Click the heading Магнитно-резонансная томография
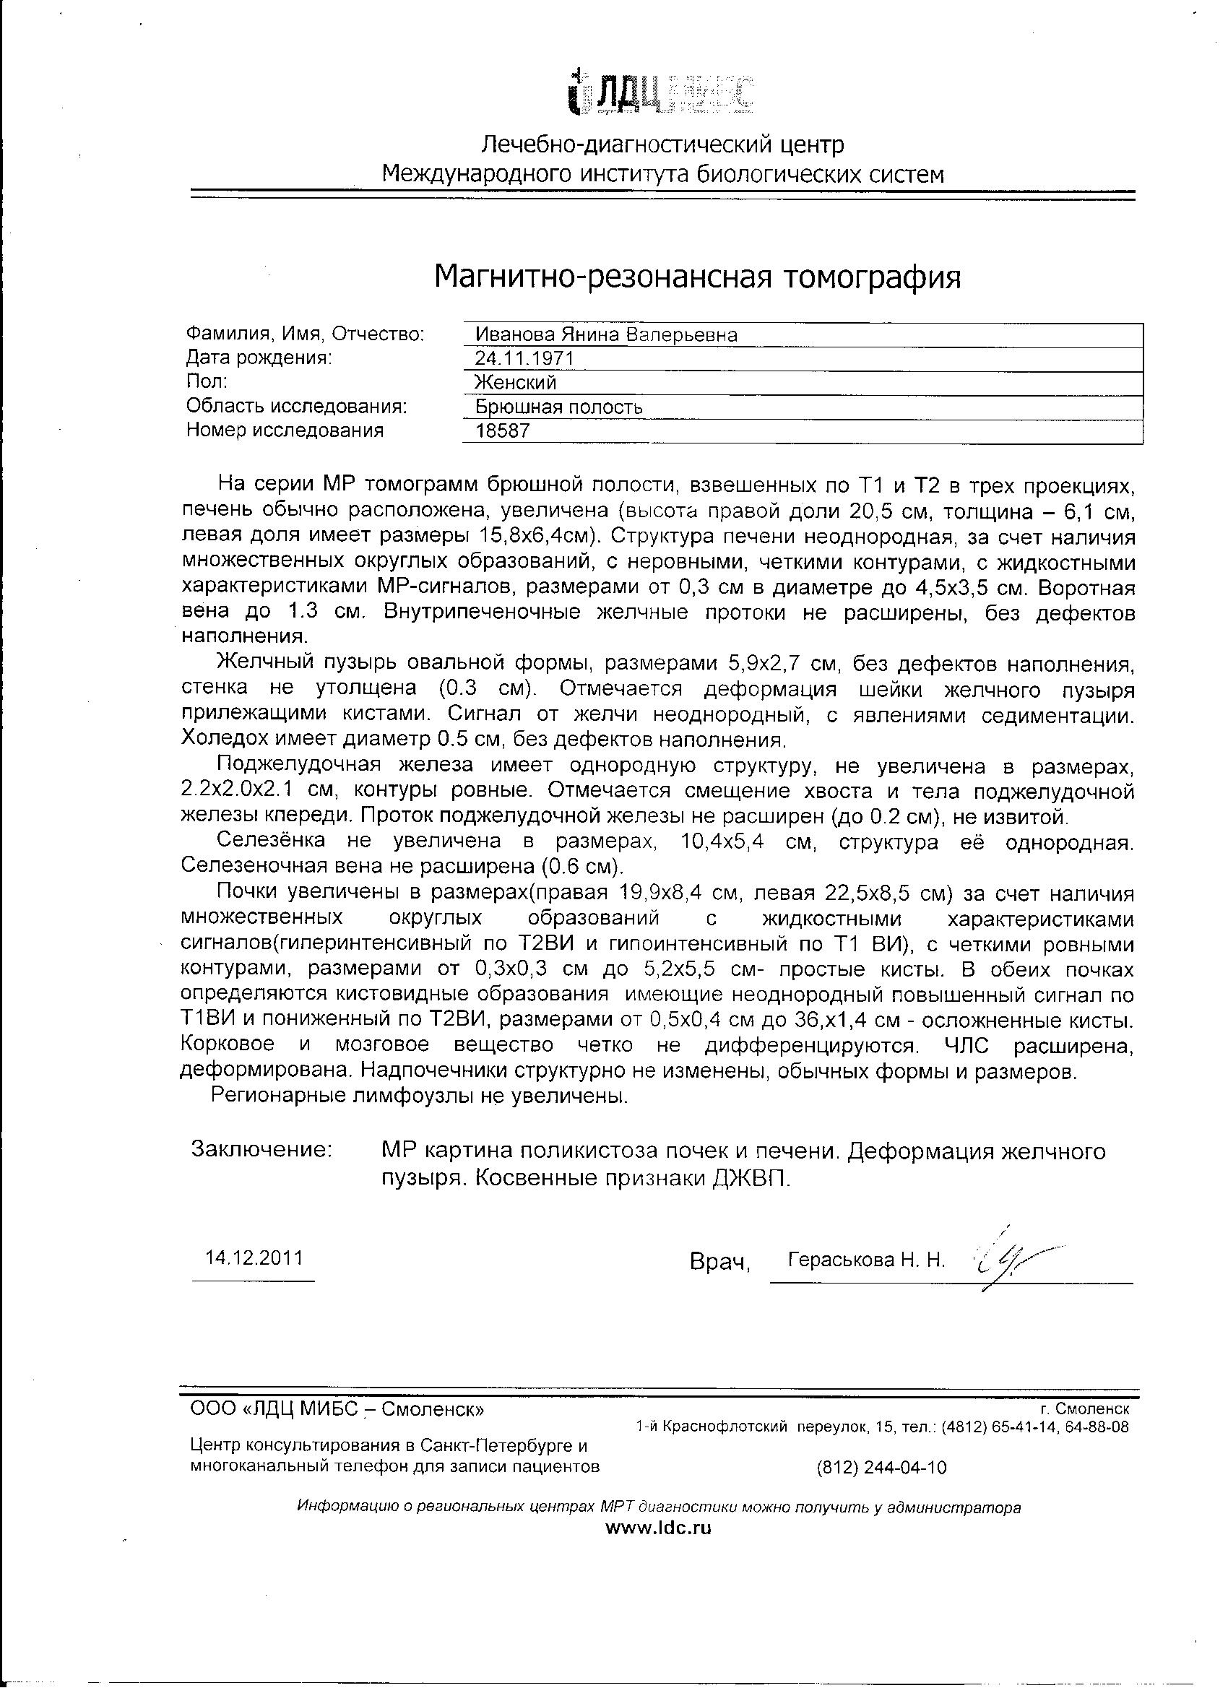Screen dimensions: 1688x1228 point(697,277)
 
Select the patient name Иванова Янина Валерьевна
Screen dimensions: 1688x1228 point(606,335)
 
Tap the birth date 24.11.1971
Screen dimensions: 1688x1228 point(524,359)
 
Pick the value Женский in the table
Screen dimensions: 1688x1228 point(516,383)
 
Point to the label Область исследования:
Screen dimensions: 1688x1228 point(296,407)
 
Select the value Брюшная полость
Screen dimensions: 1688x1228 point(559,407)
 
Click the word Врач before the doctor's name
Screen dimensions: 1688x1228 point(719,1263)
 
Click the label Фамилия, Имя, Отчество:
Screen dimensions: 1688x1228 point(304,334)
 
